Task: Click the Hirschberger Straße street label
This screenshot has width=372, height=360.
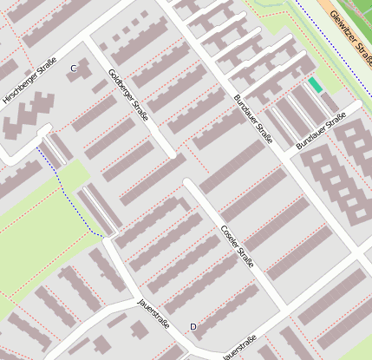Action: pyautogui.click(x=29, y=81)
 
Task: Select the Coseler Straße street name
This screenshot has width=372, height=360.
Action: pyautogui.click(x=237, y=245)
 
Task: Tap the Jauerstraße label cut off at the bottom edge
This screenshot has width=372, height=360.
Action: pyautogui.click(x=239, y=351)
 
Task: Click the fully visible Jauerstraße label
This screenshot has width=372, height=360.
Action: pyautogui.click(x=153, y=314)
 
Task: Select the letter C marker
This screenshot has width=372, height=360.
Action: pyautogui.click(x=74, y=68)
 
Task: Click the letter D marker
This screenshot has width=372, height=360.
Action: pyautogui.click(x=193, y=326)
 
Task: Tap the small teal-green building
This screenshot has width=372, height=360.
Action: pyautogui.click(x=314, y=85)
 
